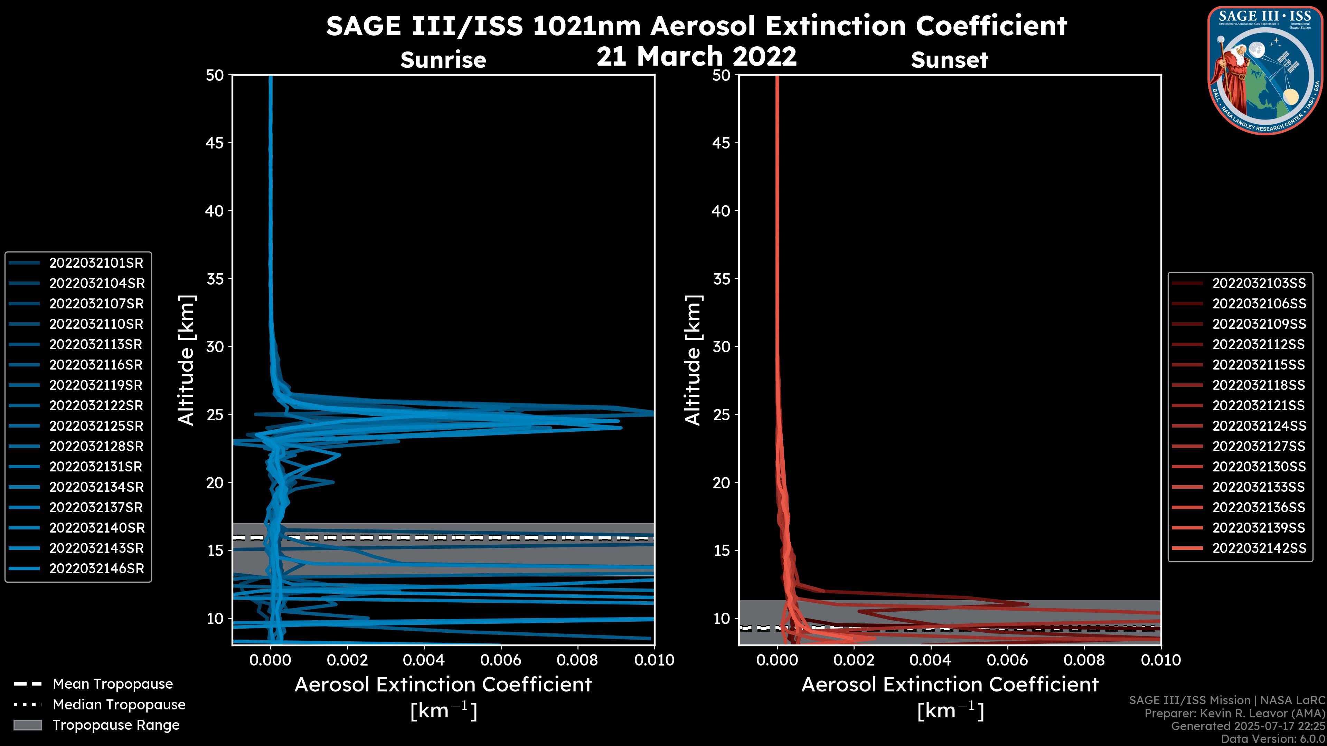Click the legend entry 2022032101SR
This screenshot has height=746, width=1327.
click(x=96, y=263)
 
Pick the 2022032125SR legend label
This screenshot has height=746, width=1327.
click(x=96, y=426)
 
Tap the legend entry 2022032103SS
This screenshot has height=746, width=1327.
click(x=1259, y=284)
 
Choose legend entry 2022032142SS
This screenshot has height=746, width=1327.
click(x=1259, y=548)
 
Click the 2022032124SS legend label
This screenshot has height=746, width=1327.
click(x=1259, y=426)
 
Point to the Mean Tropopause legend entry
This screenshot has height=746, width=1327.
click(x=112, y=684)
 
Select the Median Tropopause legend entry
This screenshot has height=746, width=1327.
click(x=119, y=705)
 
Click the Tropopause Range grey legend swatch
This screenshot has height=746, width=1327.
click(x=27, y=725)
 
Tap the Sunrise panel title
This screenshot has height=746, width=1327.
click(x=443, y=60)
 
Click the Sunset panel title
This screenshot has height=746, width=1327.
click(x=949, y=60)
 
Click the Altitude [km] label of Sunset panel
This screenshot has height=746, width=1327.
click(x=693, y=360)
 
